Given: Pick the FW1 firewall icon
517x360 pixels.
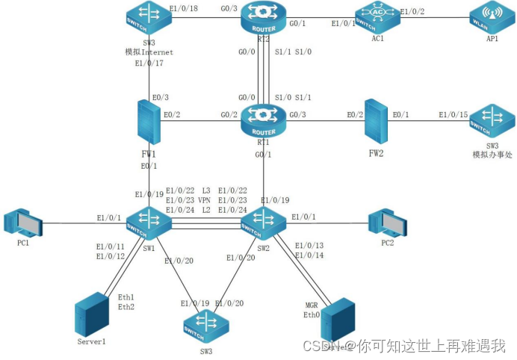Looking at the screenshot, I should (x=149, y=121).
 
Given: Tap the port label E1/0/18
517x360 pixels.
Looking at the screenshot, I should (x=184, y=9).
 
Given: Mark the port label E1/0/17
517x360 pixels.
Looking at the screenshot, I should (x=149, y=63).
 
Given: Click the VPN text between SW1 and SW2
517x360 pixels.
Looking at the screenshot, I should (x=204, y=201).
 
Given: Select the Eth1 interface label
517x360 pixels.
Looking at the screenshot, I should (x=126, y=297).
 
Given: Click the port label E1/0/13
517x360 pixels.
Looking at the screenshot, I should (x=309, y=246).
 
